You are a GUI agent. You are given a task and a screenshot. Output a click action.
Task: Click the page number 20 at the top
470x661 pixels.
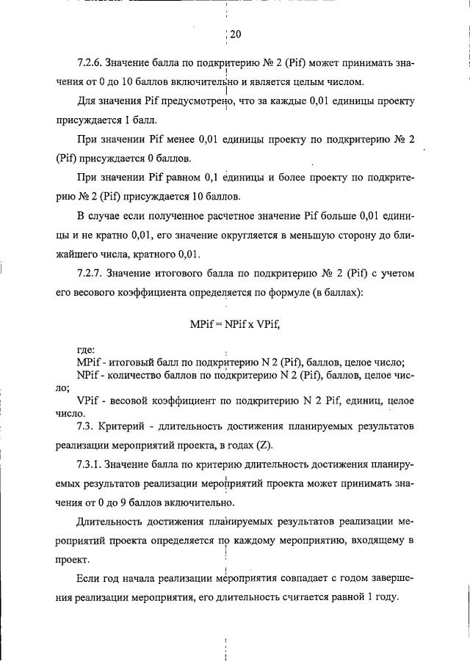click(235, 34)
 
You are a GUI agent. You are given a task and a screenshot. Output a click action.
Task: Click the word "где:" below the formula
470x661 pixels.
click(86, 350)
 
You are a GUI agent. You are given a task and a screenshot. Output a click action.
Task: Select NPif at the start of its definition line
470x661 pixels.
click(90, 375)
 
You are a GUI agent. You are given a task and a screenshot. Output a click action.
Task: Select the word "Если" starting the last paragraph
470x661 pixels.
click(87, 578)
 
